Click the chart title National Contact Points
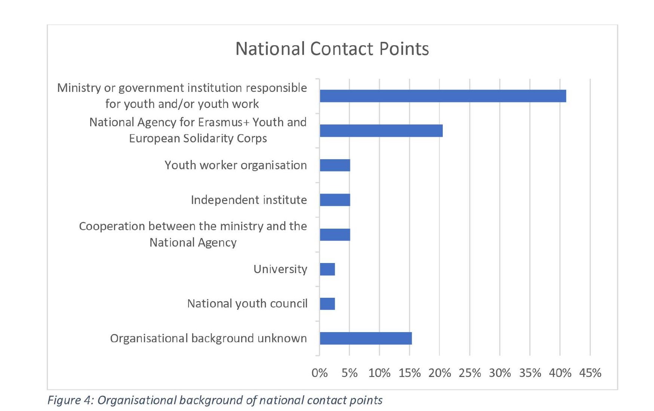[332, 49]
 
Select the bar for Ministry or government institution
[443, 96]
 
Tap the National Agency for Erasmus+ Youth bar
[381, 131]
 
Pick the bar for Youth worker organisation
[335, 165]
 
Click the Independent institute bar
[335, 200]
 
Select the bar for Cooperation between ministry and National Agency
[335, 235]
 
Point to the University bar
[327, 269]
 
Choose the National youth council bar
[327, 304]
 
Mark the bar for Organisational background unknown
[366, 339]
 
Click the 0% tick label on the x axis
[319, 373]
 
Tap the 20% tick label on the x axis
[440, 373]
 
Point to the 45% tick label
[590, 373]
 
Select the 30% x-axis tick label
[500, 373]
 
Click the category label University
[280, 269]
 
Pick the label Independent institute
[249, 200]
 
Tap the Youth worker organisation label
[236, 165]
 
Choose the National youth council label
[247, 304]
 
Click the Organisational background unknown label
[208, 339]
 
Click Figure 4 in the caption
[70, 400]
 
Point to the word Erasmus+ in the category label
[224, 123]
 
